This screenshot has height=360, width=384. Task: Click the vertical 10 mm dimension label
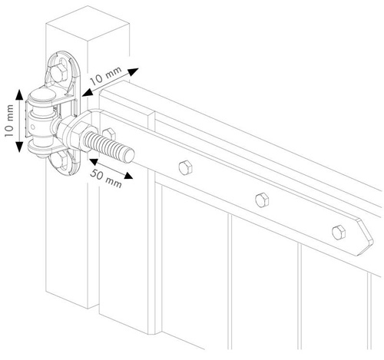[x=9, y=121]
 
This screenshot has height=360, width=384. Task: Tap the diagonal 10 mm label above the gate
[x=106, y=76]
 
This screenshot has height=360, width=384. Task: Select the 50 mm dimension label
[x=106, y=178]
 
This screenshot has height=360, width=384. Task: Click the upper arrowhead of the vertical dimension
[x=19, y=94]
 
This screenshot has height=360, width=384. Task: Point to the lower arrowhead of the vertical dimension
[x=19, y=147]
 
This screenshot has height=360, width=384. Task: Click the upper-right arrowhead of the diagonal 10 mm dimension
[x=133, y=71]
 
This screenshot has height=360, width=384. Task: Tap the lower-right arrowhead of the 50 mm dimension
[x=127, y=175]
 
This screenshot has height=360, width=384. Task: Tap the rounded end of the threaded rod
[x=129, y=156]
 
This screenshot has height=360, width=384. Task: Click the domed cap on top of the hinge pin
[x=41, y=94]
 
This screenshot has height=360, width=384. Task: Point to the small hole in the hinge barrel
[x=33, y=127]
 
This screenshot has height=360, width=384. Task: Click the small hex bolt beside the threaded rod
[x=108, y=133]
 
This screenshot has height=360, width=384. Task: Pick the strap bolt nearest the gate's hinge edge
[x=185, y=168]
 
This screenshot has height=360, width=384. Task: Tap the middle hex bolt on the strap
[x=262, y=200]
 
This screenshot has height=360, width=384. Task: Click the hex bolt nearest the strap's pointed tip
[x=339, y=233]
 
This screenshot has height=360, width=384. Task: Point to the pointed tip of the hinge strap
[x=372, y=240]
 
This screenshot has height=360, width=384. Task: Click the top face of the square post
[x=88, y=24]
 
